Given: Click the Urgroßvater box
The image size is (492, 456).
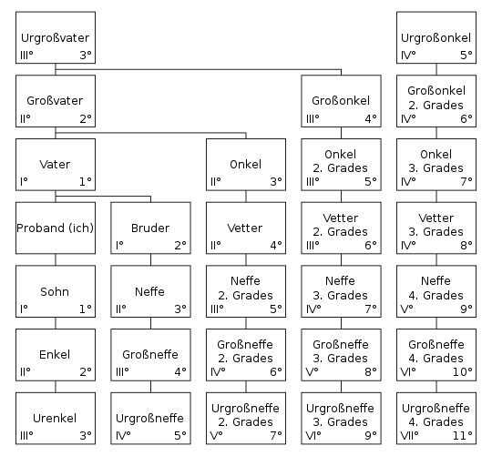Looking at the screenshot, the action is pyautogui.click(x=56, y=37).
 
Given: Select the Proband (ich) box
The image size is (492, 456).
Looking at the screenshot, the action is pyautogui.click(x=56, y=228).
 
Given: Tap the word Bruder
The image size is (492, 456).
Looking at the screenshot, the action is pyautogui.click(x=150, y=228).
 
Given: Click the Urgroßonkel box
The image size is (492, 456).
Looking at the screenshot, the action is pyautogui.click(x=436, y=37).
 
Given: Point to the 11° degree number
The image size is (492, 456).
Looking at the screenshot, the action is pyautogui.click(x=462, y=435).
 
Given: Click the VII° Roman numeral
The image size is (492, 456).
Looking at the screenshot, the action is pyautogui.click(x=409, y=435).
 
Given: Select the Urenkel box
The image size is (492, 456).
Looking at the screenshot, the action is pyautogui.click(x=56, y=419).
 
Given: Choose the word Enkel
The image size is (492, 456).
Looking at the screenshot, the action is pyautogui.click(x=55, y=354).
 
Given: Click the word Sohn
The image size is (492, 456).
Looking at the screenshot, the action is pyautogui.click(x=55, y=291).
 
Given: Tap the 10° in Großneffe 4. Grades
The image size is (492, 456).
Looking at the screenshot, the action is pyautogui.click(x=462, y=371).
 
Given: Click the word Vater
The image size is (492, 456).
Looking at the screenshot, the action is pyautogui.click(x=55, y=164).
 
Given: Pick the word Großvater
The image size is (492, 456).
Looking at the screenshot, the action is pyautogui.click(x=55, y=101).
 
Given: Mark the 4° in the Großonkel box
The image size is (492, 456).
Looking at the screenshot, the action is pyautogui.click(x=371, y=119).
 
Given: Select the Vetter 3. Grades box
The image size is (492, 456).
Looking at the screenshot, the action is pyautogui.click(x=436, y=228).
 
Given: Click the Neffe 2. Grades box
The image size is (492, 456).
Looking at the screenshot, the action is pyautogui.click(x=246, y=291).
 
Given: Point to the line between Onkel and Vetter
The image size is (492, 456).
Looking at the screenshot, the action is pyautogui.click(x=246, y=197).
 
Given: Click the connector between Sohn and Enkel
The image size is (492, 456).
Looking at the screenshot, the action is pyautogui.click(x=56, y=323).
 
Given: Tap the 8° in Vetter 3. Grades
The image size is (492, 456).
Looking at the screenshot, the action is pyautogui.click(x=466, y=245).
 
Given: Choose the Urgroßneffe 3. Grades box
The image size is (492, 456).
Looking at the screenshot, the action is pyautogui.click(x=341, y=419).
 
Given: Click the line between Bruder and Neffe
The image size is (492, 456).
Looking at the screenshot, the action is pyautogui.click(x=150, y=259).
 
